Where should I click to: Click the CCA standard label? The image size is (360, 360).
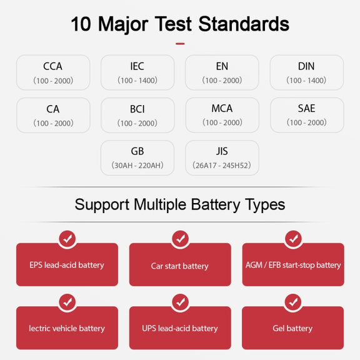coord(52,66)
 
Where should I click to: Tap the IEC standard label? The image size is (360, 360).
coord(137,66)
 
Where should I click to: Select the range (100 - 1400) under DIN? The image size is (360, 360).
coord(306,81)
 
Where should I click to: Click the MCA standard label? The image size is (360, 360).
coord(222,108)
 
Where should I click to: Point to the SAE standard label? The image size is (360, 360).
coord(306,108)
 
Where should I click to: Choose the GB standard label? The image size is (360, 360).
coord(137,151)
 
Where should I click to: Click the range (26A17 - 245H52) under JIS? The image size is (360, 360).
coord(222,165)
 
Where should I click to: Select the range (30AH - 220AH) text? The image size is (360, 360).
coord(137,165)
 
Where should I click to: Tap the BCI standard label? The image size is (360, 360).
coord(137,109)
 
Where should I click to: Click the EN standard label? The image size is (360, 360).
coord(222,66)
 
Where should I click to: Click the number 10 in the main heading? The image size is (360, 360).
coord(81,24)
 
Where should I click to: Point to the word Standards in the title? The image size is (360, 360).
coord(244,24)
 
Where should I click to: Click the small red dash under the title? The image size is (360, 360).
coord(180,44)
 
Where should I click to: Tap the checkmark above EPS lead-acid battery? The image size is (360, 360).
coord(67,239)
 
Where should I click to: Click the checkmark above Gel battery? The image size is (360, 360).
coord(293,302)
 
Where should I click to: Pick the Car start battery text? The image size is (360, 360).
coord(180,266)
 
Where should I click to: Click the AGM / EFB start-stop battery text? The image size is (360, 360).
coord(293,265)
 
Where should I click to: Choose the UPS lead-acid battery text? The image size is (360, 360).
coord(180,329)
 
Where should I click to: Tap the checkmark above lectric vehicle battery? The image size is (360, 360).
coord(67,302)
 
